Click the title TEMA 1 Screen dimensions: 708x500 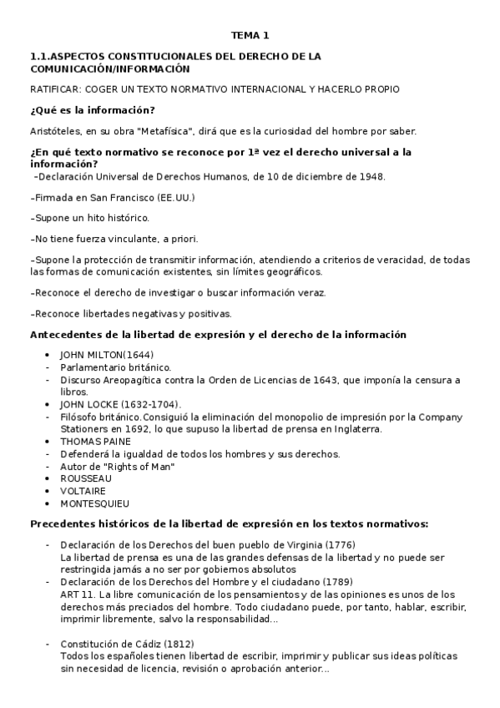(x=250, y=35)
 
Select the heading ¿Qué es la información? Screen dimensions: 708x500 (x=92, y=111)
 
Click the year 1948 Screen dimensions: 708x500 (x=371, y=177)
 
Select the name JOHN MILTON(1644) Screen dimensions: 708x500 (x=107, y=354)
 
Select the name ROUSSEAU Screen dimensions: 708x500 (x=86, y=478)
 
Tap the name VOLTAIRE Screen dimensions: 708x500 (x=83, y=491)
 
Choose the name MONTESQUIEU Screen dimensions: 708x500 (x=94, y=503)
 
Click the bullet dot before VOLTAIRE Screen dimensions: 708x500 (x=48, y=491)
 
